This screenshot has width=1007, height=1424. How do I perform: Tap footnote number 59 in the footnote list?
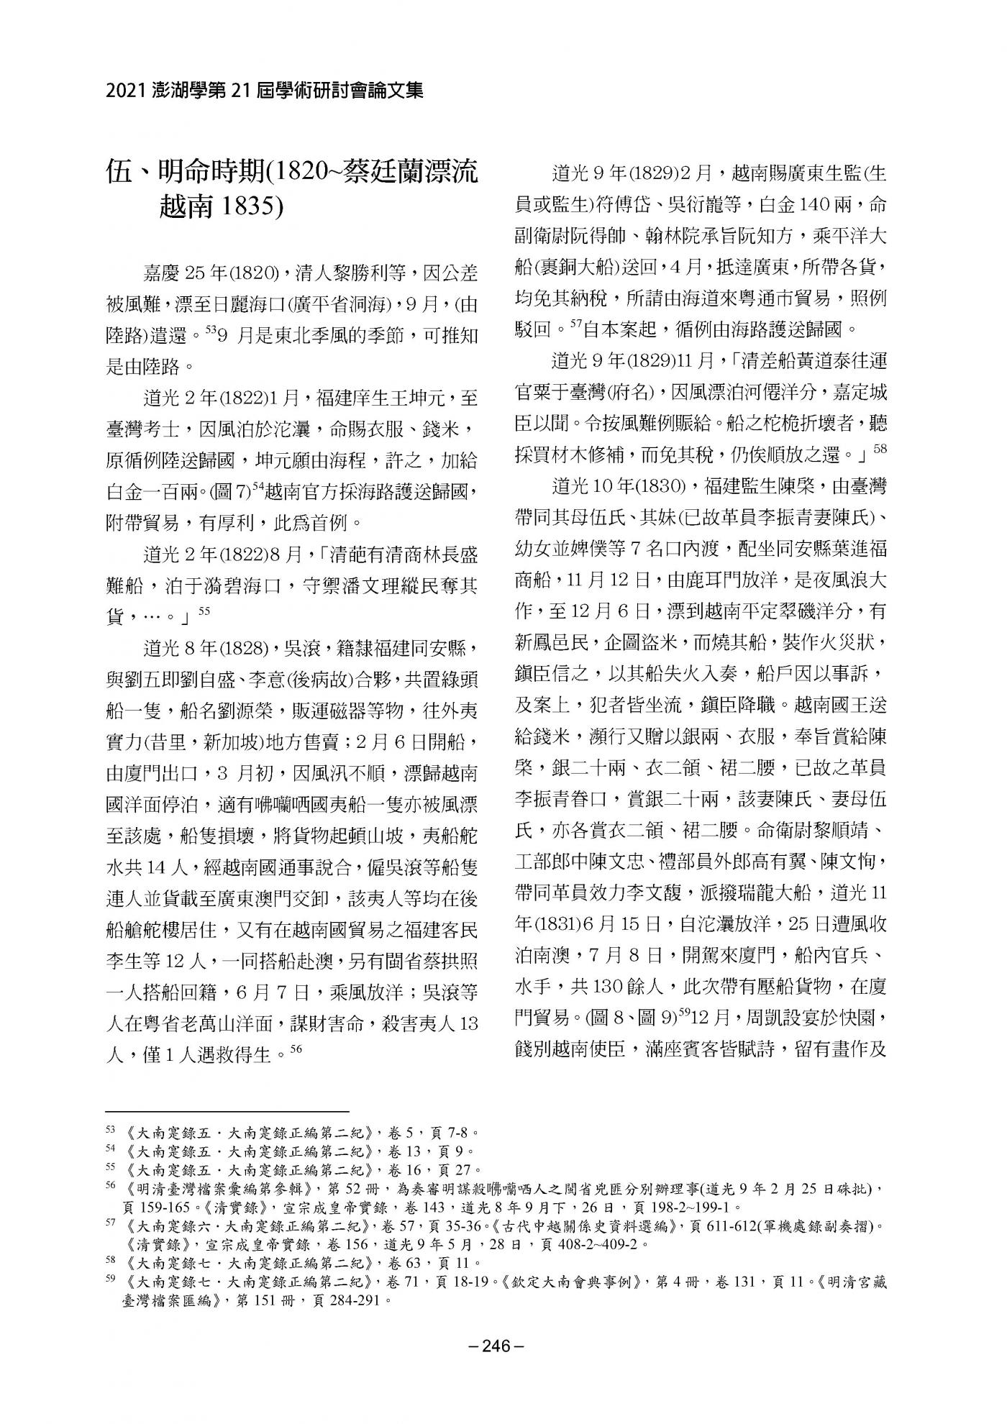point(110,1281)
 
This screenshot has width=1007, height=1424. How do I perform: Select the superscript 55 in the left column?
point(203,611)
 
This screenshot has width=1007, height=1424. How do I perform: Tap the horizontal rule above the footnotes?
point(227,1110)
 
